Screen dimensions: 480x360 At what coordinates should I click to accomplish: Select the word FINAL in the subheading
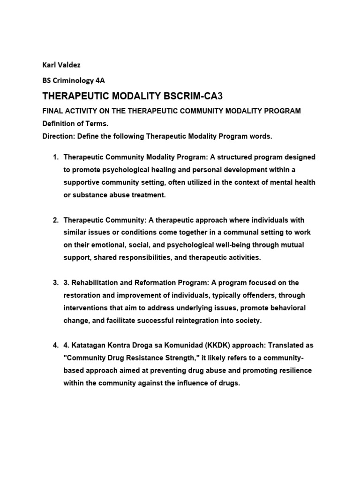(x=53, y=111)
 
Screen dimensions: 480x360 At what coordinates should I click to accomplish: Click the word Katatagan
(x=89, y=345)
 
